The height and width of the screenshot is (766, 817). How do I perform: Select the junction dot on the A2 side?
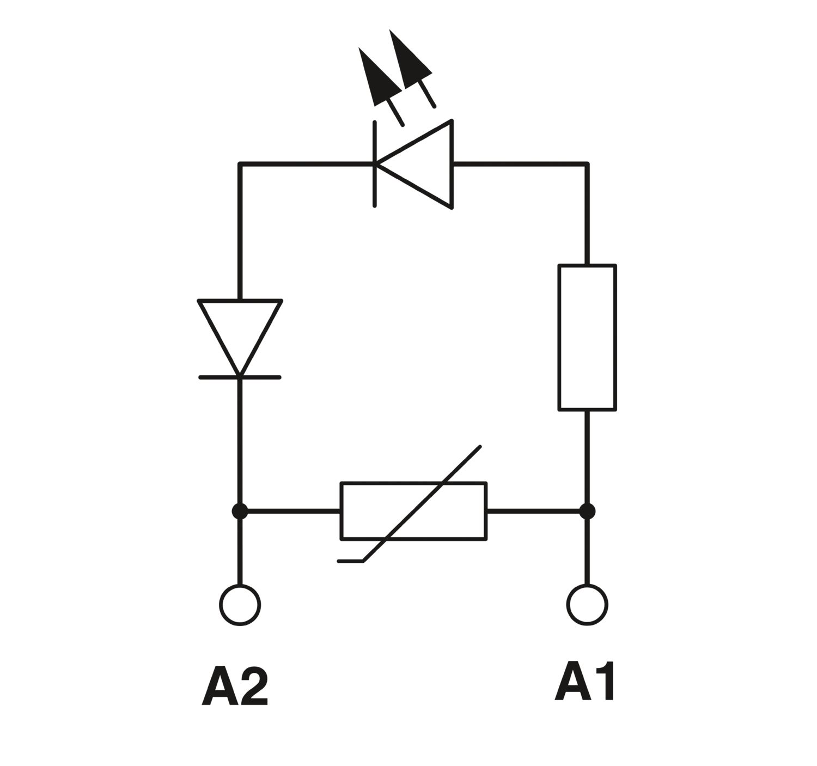pos(240,512)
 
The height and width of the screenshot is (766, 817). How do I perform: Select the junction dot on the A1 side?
pos(587,512)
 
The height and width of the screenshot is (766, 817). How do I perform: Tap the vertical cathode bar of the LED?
pos(374,164)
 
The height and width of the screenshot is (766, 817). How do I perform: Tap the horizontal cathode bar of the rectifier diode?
pos(240,377)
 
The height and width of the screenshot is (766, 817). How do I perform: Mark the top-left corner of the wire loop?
pos(240,164)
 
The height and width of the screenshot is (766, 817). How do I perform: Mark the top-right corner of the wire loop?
pos(587,164)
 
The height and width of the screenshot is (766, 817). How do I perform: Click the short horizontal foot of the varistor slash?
pos(351,561)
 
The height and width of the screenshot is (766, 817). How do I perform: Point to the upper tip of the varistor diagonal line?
pos(480,446)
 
